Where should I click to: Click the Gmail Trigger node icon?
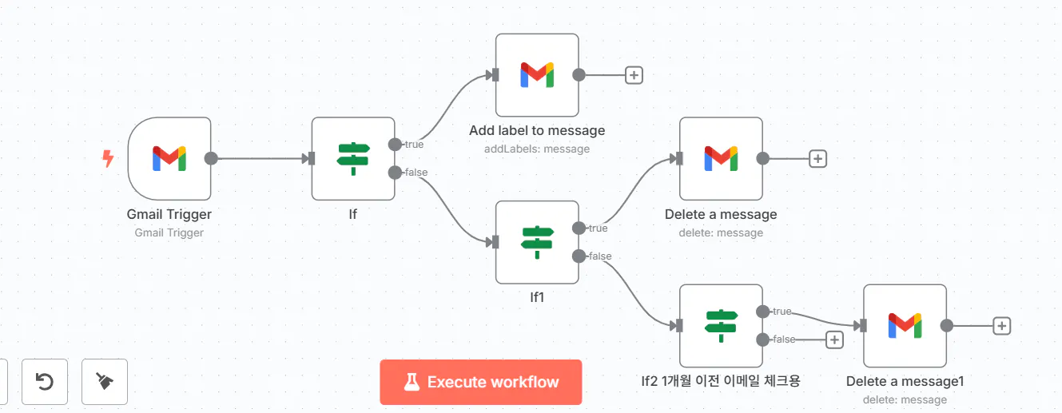[x=169, y=158]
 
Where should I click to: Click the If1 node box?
[x=536, y=241]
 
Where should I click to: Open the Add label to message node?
[x=536, y=75]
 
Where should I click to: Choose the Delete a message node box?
[x=721, y=158]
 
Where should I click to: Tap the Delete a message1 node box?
[x=905, y=325]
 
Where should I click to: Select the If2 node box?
[x=721, y=325]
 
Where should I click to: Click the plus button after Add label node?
[x=634, y=75]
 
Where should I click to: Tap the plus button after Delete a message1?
[x=1002, y=325]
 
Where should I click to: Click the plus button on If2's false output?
[x=834, y=340]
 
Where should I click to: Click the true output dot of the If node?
[x=395, y=145]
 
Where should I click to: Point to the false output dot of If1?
[x=579, y=256]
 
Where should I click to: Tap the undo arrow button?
[x=46, y=382]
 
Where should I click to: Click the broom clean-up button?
[x=104, y=382]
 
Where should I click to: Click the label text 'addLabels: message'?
[x=536, y=149]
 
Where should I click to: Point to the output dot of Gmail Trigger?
[x=211, y=158]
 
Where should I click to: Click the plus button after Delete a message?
[x=817, y=158]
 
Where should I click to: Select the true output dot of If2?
[x=762, y=312]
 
